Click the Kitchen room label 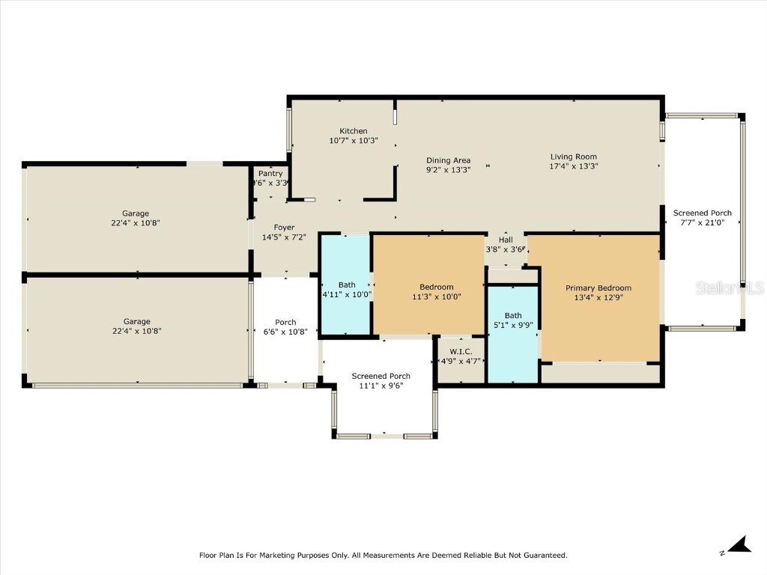coord(354,131)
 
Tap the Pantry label coord(270,174)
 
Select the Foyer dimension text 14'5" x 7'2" coord(284,237)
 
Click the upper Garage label coord(136,213)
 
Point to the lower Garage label coord(136,321)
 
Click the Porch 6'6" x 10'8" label coord(285,323)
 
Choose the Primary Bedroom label coord(598,287)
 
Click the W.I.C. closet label coord(461,351)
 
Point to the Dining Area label coord(448,160)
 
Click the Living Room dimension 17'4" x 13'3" coord(574,166)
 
